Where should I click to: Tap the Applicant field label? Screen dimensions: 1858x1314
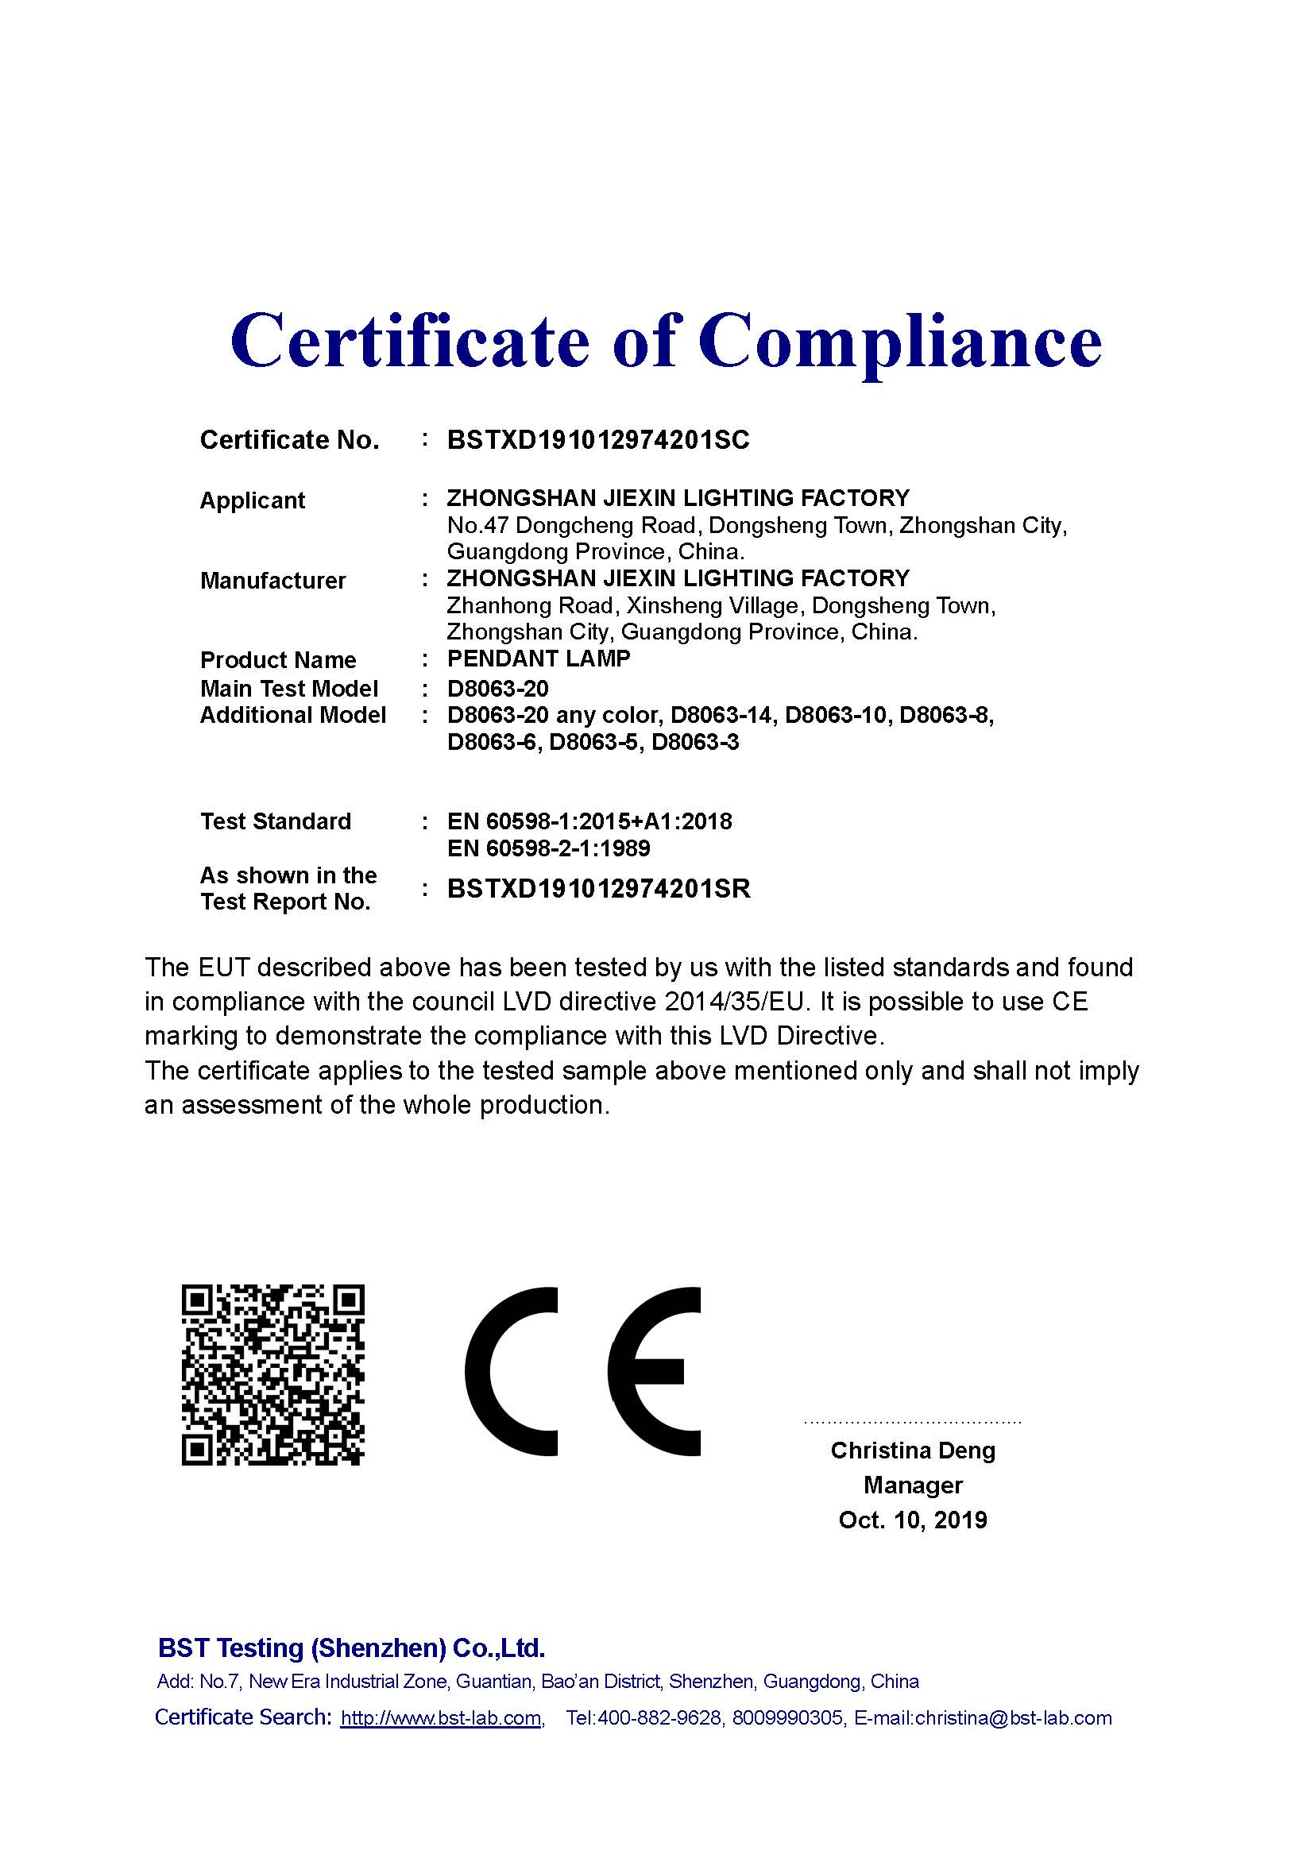(252, 500)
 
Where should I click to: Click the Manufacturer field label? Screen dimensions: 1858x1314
(272, 580)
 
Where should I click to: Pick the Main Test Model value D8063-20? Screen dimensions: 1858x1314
(497, 689)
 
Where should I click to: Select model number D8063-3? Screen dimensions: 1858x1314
(695, 742)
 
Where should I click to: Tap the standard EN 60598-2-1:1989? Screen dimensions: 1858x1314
(549, 848)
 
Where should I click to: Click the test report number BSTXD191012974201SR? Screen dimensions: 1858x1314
(599, 889)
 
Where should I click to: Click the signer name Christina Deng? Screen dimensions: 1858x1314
(913, 1450)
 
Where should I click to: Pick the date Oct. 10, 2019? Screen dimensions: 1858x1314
(913, 1520)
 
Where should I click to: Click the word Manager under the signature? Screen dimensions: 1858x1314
(913, 1485)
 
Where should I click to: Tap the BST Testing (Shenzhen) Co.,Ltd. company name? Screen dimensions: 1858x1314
(351, 1648)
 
